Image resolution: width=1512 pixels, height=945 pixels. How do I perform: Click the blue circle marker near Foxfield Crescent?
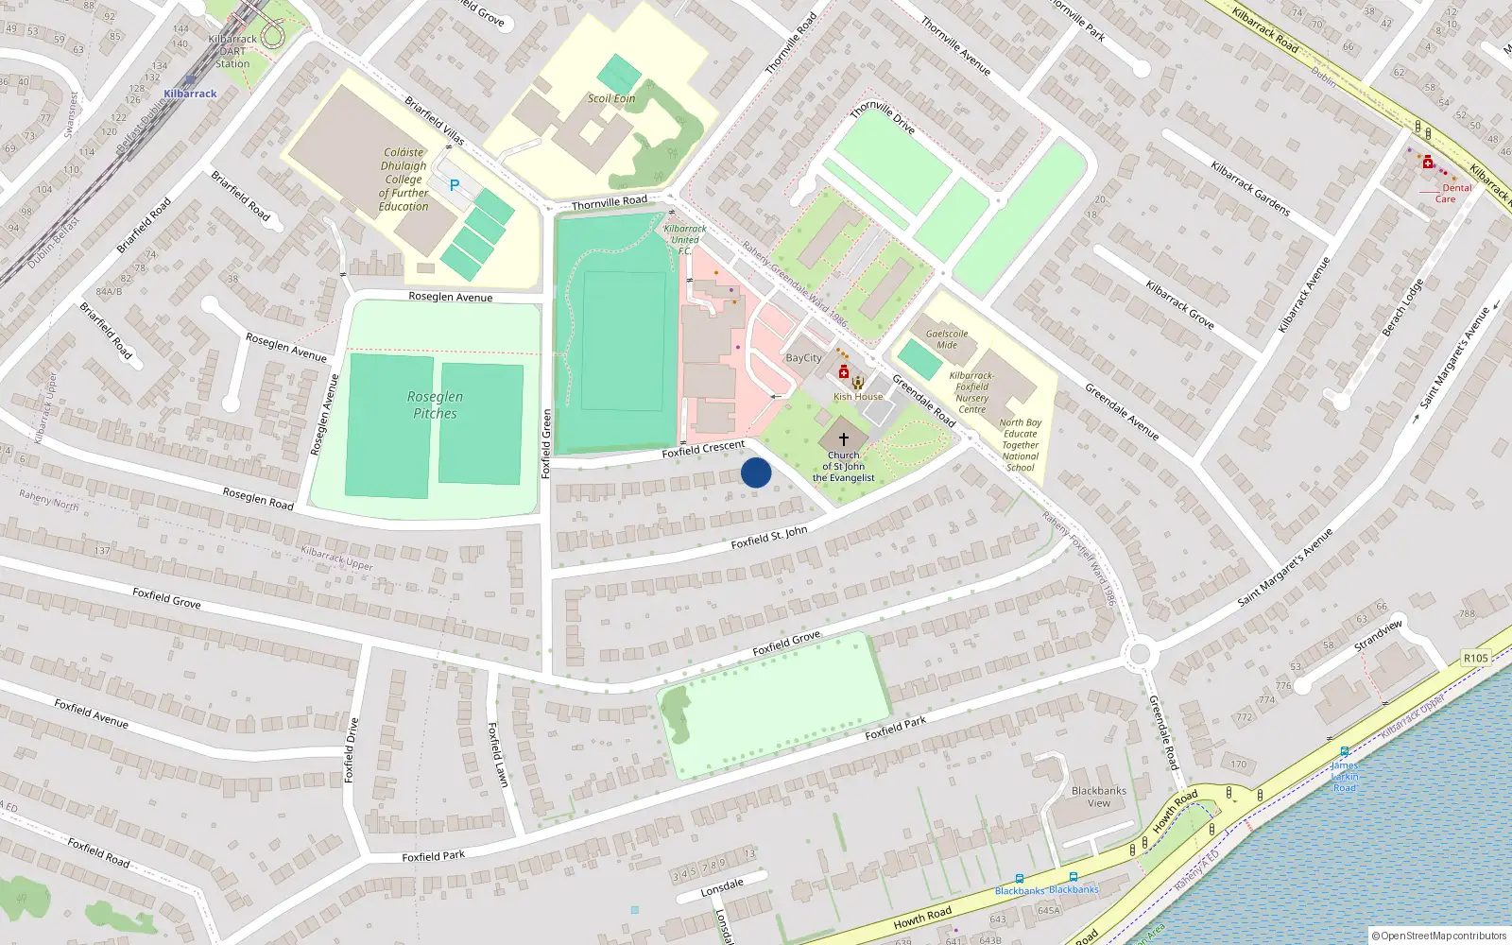coord(756,472)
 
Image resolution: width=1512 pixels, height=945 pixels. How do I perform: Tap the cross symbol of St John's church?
coord(844,439)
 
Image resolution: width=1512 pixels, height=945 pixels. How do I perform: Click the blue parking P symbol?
coord(455,185)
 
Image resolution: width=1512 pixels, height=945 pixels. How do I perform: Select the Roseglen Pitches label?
coord(435,405)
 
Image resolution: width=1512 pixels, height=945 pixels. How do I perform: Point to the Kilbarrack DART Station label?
coord(232,52)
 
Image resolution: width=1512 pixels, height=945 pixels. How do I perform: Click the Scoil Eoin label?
coord(611,98)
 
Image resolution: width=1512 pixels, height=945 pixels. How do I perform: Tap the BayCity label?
coord(804,358)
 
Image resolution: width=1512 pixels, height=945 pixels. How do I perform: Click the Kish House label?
coord(858,397)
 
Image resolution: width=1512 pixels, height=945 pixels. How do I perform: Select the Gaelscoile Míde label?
coord(947,339)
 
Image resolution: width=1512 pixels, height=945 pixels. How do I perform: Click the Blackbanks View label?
coord(1099,797)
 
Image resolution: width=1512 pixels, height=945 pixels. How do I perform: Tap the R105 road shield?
coord(1475,658)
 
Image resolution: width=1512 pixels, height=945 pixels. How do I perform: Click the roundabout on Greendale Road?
coord(1140,653)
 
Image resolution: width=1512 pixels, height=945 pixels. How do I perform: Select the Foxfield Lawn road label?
coord(498,754)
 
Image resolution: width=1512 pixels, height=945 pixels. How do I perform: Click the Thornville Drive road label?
coord(883,117)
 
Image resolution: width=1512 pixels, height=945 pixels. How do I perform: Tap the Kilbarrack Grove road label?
coord(1179,304)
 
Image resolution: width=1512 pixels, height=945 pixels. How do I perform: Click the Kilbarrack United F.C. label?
coord(685,240)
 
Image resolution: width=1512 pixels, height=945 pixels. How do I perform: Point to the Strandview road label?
coord(1379,634)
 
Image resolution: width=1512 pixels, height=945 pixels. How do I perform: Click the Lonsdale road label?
coord(722,888)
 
